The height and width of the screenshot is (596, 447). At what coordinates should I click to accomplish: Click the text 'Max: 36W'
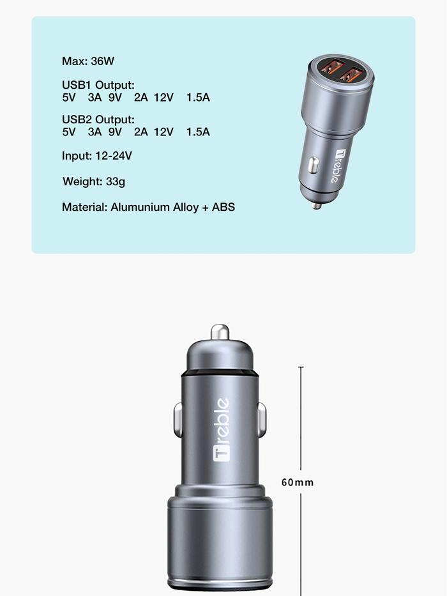[88, 61]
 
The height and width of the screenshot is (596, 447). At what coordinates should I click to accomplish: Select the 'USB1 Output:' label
[98, 85]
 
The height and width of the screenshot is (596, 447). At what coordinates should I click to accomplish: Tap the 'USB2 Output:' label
[98, 119]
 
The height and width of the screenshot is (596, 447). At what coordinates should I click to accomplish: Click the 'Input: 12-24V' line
[97, 156]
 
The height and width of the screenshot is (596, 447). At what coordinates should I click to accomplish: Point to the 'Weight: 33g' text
[94, 181]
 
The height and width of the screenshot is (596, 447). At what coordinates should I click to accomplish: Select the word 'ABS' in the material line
[223, 207]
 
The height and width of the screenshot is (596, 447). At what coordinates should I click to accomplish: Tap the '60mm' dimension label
[298, 482]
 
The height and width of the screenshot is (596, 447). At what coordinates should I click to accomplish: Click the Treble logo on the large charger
[221, 429]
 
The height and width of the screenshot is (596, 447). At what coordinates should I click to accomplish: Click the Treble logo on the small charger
[338, 166]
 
